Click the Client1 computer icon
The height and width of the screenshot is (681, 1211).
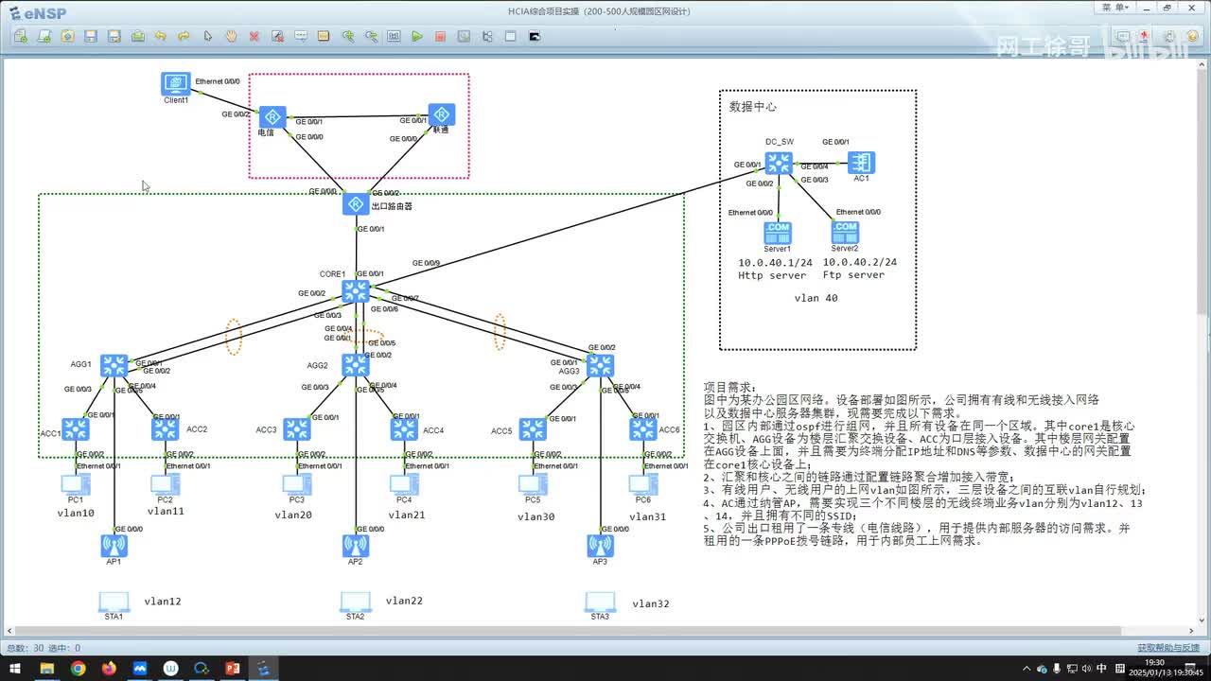176,83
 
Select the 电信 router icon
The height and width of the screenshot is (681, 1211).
272,116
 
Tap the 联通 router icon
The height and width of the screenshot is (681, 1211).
441,114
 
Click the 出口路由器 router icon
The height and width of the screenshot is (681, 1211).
356,204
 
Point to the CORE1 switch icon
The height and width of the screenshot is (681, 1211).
356,291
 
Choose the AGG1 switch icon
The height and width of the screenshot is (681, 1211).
114,366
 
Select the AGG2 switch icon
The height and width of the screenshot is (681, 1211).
356,365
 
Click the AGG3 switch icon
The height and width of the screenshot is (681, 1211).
600,365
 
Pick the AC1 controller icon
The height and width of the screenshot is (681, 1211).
861,162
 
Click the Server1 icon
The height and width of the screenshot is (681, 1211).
778,232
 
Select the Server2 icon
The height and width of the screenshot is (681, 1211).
845,232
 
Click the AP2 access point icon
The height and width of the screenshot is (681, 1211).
356,545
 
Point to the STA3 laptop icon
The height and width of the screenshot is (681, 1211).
600,602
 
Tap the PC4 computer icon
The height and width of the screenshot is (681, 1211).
404,485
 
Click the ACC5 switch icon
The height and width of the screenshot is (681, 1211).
533,429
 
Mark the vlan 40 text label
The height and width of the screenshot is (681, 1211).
816,298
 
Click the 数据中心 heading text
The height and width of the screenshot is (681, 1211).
752,107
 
